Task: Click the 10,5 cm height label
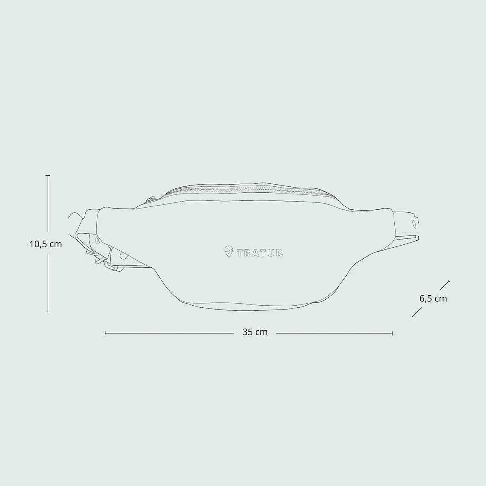(x=46, y=244)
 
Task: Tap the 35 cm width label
(x=255, y=332)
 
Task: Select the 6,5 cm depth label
(x=433, y=298)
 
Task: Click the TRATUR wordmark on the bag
(x=260, y=253)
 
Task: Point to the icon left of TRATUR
(x=229, y=252)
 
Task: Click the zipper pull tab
(x=150, y=199)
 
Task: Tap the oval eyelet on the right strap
(x=414, y=224)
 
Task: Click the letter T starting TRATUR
(x=240, y=253)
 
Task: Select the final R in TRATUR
(x=279, y=253)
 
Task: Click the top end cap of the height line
(x=48, y=176)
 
